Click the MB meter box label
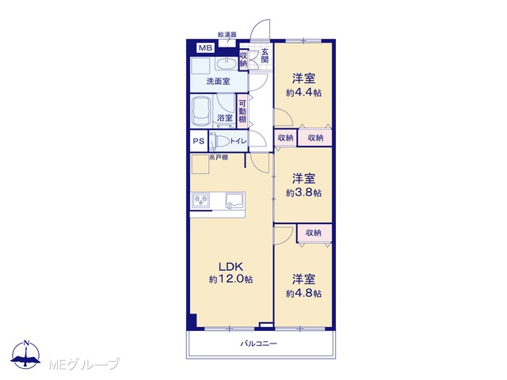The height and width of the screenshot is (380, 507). coord(206,48)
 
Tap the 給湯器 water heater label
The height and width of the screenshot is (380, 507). coord(227,34)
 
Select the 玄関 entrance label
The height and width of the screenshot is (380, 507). coord(265,55)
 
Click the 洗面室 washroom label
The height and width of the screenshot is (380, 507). coord(219,82)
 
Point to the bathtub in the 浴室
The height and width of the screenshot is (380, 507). coord(200,112)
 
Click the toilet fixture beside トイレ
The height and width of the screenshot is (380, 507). coord(219,141)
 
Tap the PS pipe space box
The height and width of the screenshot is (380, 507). coord(199,141)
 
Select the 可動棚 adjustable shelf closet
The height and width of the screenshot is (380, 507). coord(242,111)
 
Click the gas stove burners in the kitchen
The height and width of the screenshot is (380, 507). coord(201,199)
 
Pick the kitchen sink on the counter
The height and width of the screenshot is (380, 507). coord(234,201)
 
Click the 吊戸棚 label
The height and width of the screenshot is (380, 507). coord(219,158)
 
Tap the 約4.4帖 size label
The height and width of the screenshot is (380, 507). coord(303,93)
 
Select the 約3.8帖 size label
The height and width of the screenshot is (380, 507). coord(303,193)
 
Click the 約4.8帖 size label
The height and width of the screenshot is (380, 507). coord(303,294)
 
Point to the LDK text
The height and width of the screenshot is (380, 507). coord(231,267)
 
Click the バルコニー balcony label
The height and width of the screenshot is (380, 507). coord(258,344)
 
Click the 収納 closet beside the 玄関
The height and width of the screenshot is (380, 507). coord(243,59)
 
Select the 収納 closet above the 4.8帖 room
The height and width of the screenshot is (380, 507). coord(314,233)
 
